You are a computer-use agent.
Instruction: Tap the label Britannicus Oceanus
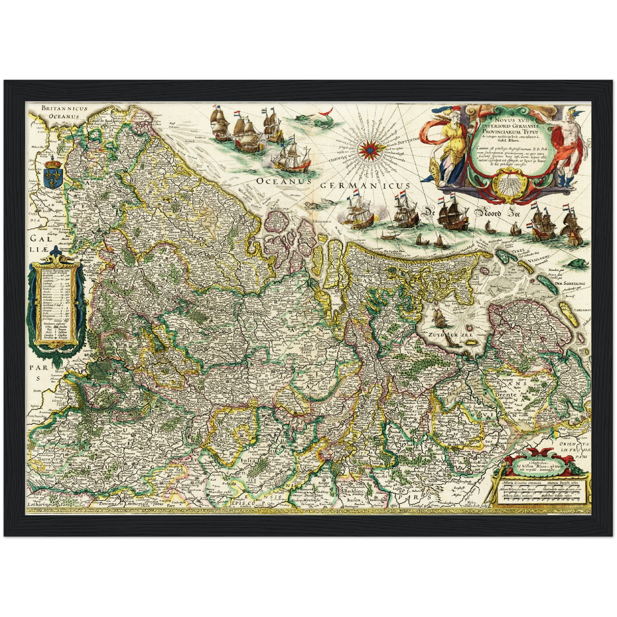pyautogui.click(x=64, y=112)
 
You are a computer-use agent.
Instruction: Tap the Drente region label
pyautogui.click(x=505, y=395)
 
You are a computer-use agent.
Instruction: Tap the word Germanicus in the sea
pyautogui.click(x=365, y=185)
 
